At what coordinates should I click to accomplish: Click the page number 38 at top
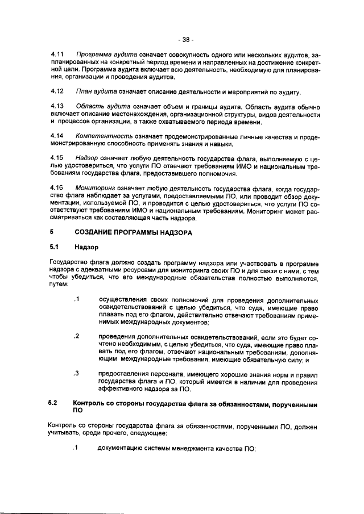(185, 40)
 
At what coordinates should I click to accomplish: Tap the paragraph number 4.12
(56, 91)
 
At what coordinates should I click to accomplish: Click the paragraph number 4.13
(56, 106)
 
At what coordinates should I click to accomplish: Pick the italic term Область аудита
(100, 106)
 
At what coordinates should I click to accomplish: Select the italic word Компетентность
(103, 136)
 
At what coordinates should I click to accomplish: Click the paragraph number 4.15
(56, 156)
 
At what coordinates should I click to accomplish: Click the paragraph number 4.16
(56, 187)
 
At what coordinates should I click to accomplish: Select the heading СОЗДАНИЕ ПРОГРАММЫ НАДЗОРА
(133, 232)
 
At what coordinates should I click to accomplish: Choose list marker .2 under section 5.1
(75, 336)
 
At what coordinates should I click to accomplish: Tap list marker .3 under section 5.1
(75, 374)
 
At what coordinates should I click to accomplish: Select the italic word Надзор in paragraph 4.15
(87, 156)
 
